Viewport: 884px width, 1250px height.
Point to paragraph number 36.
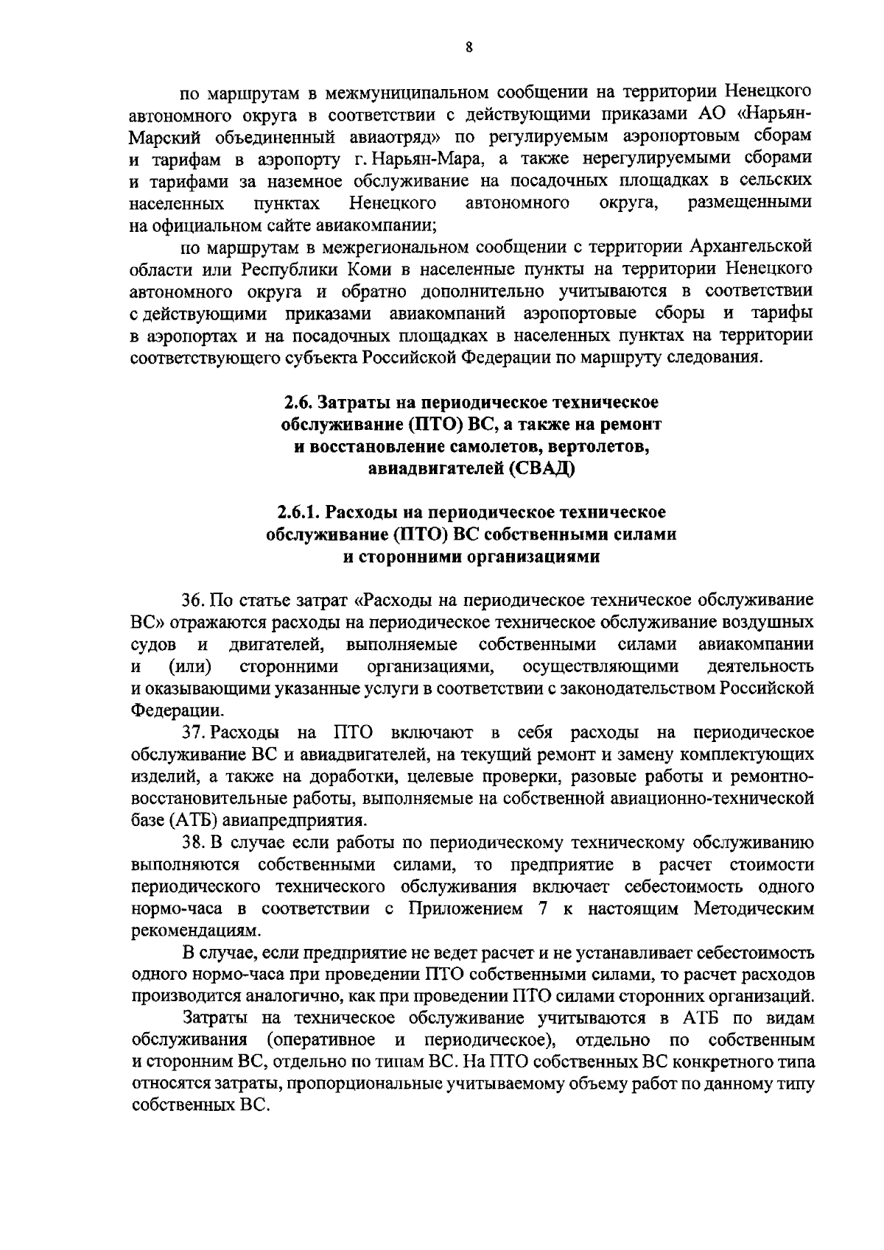pyautogui.click(x=194, y=601)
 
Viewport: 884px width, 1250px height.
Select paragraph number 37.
pyautogui.click(x=194, y=732)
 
